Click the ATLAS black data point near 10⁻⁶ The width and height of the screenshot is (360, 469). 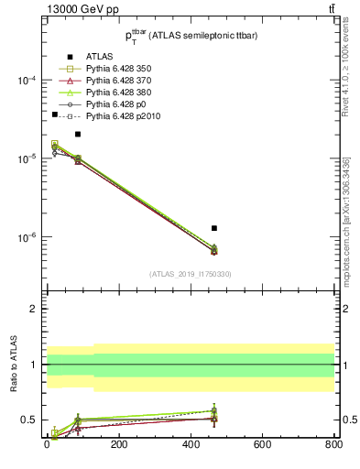point(214,228)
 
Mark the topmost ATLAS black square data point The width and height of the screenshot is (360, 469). point(55,115)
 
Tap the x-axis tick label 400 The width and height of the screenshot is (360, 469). point(190,444)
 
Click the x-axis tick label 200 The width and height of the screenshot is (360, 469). point(118,444)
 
